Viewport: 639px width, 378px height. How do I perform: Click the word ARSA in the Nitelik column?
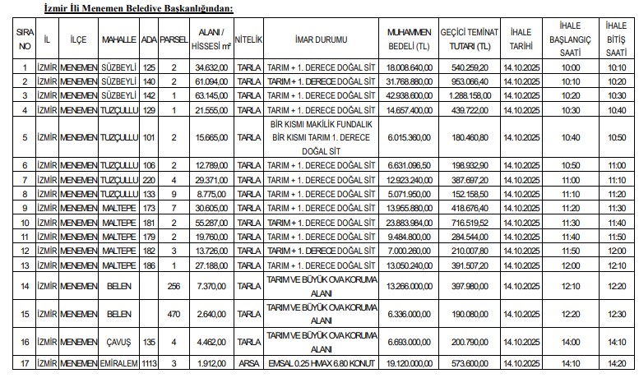point(248,362)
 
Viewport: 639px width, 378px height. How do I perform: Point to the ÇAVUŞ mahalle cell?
point(119,342)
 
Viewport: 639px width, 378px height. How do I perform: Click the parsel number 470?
point(174,314)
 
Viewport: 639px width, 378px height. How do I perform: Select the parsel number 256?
point(174,286)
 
